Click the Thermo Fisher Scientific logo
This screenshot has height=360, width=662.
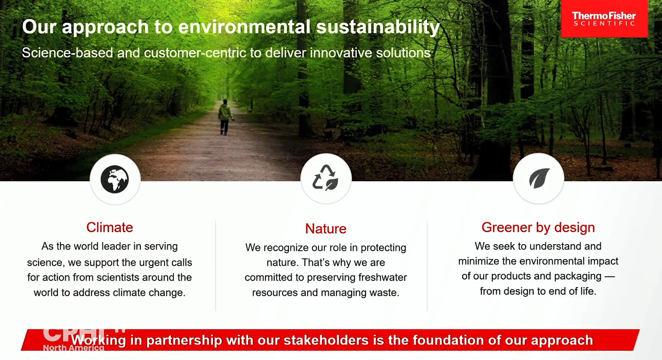click(x=604, y=19)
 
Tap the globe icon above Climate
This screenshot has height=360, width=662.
click(x=115, y=179)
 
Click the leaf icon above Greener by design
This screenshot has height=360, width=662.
click(x=539, y=178)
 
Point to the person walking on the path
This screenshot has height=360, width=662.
click(x=225, y=117)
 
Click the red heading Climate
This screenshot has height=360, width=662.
click(x=110, y=228)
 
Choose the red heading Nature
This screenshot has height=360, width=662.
click(x=325, y=229)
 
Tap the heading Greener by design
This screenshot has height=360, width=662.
click(x=538, y=228)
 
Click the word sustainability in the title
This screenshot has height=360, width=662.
click(x=378, y=27)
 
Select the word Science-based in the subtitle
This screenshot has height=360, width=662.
click(x=67, y=53)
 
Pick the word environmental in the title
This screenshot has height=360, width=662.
click(x=244, y=27)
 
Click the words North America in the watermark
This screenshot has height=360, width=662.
click(x=74, y=348)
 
